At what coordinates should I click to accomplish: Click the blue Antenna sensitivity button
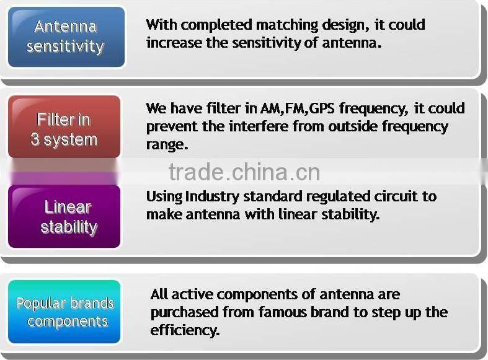click(66, 37)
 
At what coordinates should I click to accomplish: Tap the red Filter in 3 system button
click(64, 128)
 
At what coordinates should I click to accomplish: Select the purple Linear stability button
click(64, 216)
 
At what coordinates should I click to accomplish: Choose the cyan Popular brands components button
click(64, 312)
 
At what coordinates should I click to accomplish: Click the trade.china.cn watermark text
click(244, 172)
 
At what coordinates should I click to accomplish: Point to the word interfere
click(257, 126)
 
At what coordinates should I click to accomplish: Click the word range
click(165, 145)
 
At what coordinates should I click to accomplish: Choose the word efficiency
click(185, 330)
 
